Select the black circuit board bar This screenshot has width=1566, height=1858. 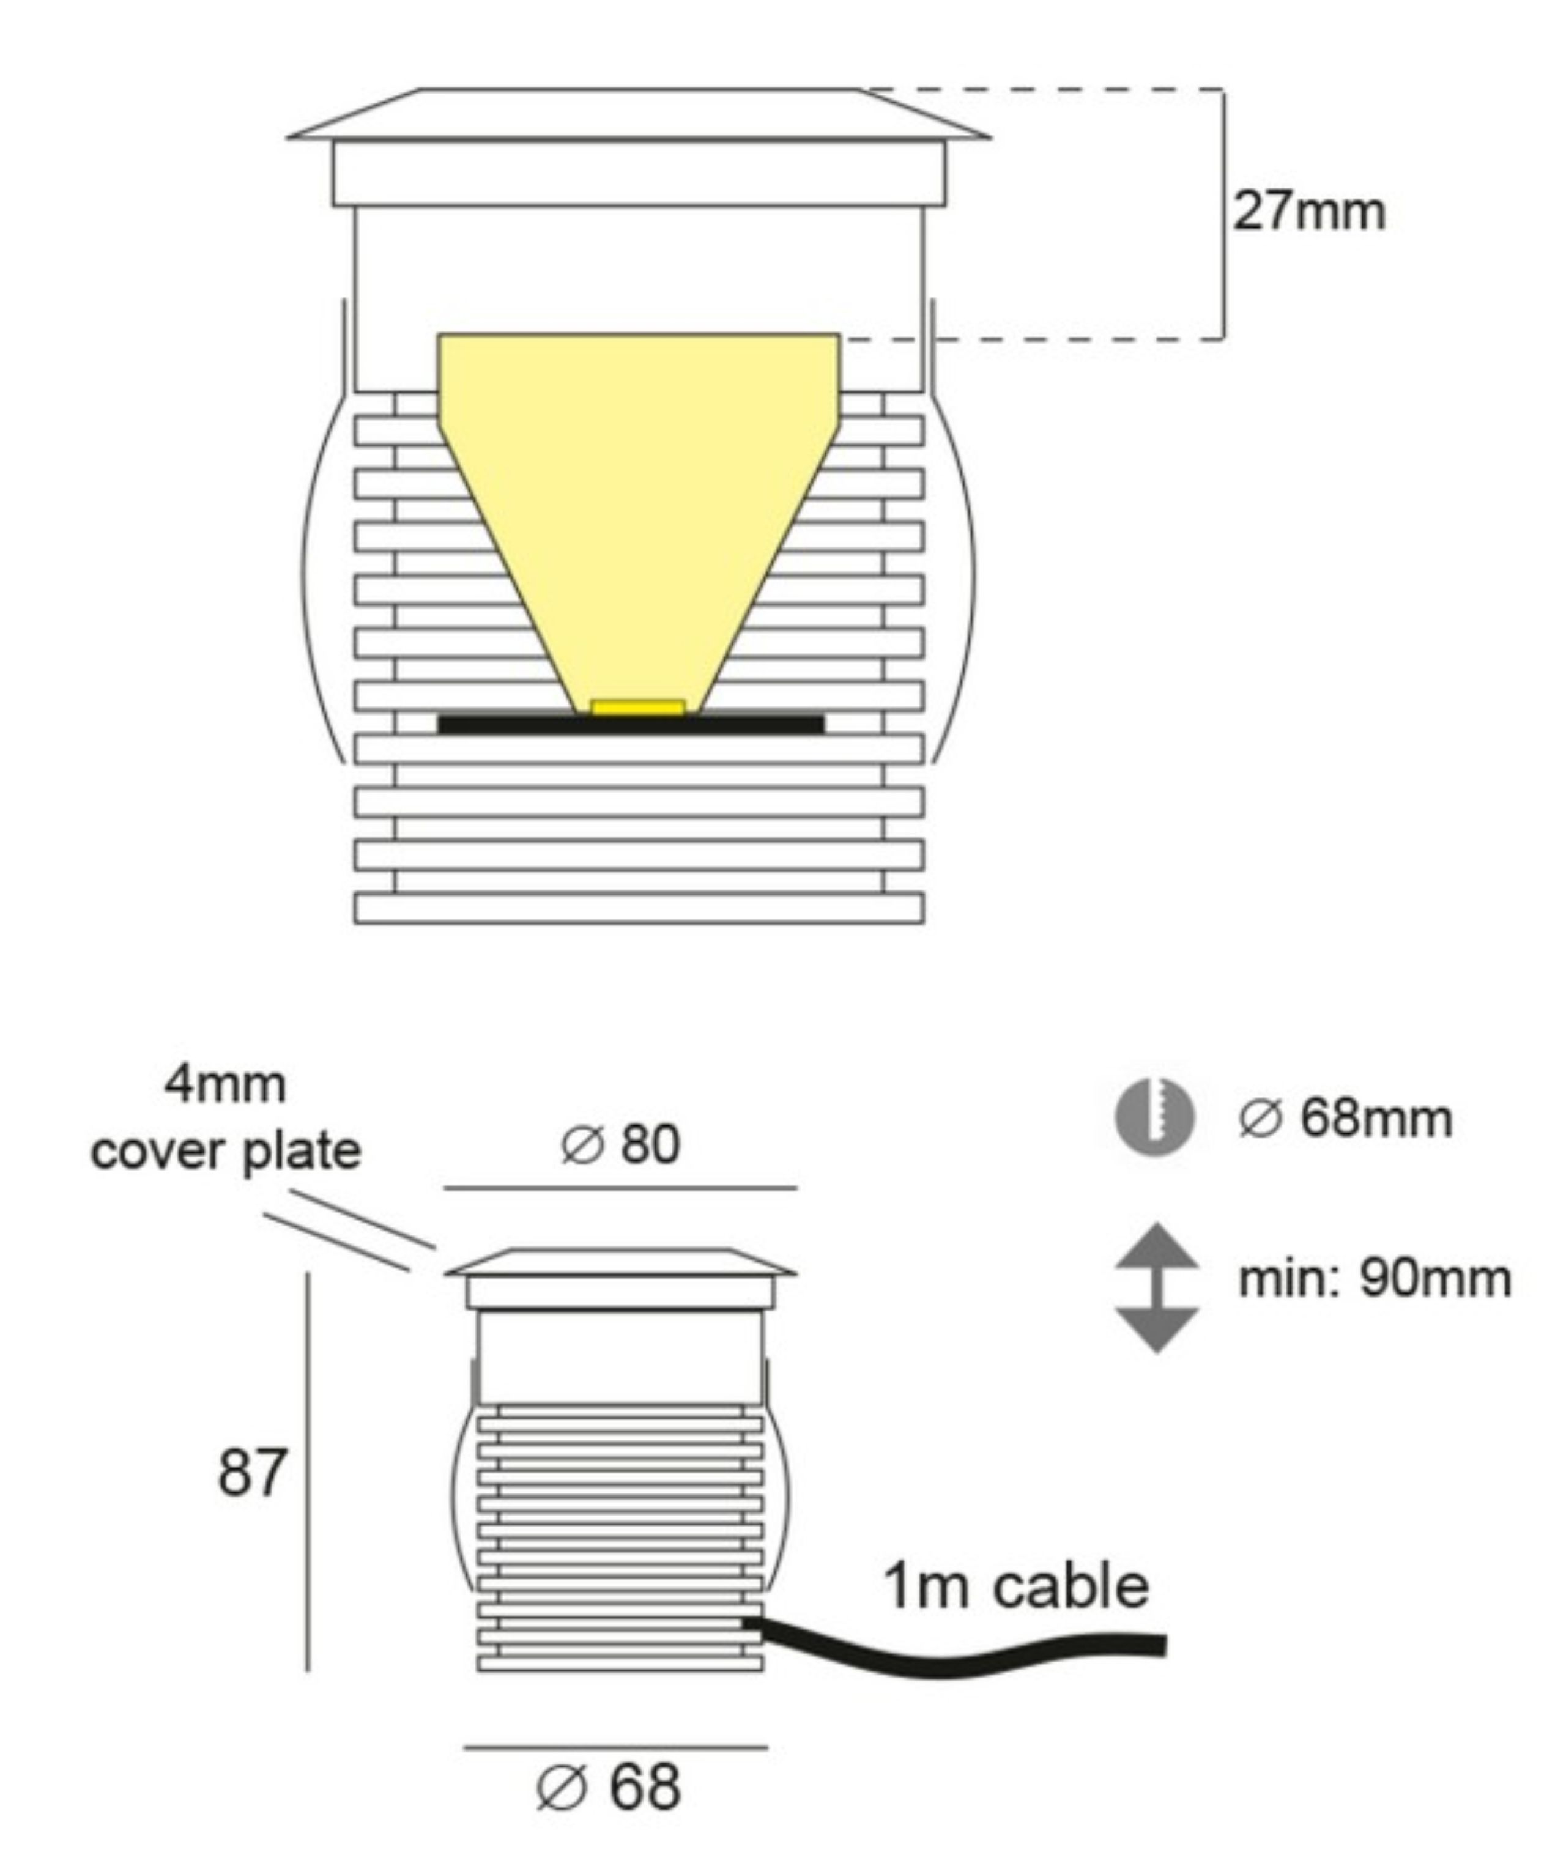click(x=630, y=724)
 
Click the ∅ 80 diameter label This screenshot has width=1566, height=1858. click(x=620, y=1144)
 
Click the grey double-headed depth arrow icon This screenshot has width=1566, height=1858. click(x=1156, y=1287)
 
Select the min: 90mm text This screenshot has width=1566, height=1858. click(x=1375, y=1279)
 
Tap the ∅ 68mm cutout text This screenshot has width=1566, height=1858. click(x=1346, y=1119)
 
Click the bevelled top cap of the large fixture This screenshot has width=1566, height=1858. click(x=637, y=116)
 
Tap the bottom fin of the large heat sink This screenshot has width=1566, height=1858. click(x=637, y=909)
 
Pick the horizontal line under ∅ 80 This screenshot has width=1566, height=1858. click(x=620, y=1187)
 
